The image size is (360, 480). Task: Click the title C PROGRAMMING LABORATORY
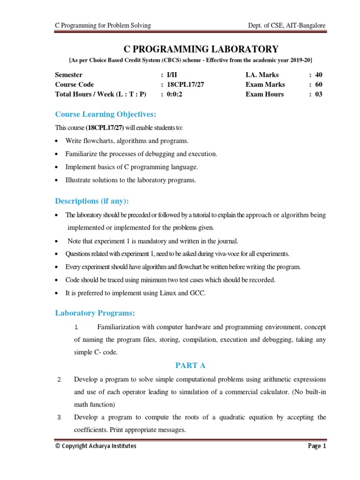tap(201, 49)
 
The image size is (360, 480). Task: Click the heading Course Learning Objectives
tap(105, 114)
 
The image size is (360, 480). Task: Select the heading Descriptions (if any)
tap(92, 201)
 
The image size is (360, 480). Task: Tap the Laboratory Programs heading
tap(95, 313)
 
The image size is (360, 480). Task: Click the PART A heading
tap(190, 365)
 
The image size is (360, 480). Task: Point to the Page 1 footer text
tap(316, 446)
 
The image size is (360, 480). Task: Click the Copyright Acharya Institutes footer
tap(96, 446)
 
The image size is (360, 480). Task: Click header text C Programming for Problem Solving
tap(103, 25)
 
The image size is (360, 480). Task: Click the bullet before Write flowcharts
tap(57, 141)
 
